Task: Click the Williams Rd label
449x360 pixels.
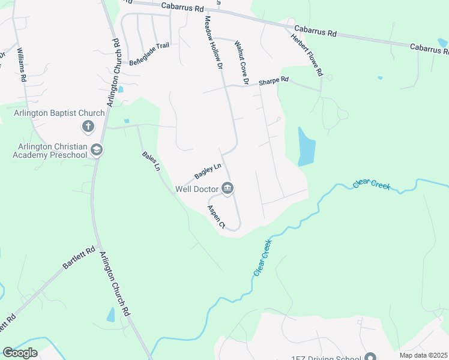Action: click(22, 65)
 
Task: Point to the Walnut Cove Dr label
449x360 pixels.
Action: click(242, 62)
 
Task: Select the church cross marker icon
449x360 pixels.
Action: click(88, 127)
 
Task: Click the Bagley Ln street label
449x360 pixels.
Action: click(208, 172)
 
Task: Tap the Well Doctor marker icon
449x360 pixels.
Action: click(228, 189)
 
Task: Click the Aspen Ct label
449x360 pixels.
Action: click(215, 217)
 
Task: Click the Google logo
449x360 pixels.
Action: click(20, 353)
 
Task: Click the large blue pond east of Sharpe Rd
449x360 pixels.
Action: click(306, 147)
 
